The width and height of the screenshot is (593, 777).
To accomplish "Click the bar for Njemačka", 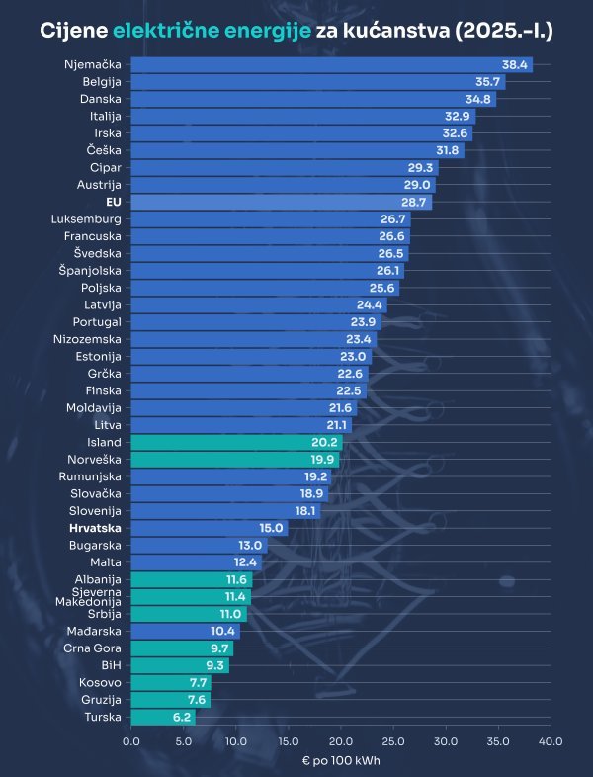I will point(331,64).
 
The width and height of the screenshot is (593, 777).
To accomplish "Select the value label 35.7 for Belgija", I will point(487,82).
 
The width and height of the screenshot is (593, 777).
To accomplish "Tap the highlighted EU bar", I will point(281,202).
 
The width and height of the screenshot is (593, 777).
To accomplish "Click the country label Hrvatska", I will point(95,528).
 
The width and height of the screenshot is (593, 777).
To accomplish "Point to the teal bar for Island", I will point(236,442).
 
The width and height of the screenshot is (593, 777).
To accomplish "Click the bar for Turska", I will point(163,718).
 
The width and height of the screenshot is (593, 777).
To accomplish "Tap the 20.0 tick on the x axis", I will point(341,740).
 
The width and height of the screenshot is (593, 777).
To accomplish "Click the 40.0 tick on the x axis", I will point(551,740).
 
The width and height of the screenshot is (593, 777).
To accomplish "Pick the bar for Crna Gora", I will point(182,648).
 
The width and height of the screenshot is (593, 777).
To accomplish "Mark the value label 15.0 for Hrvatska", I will point(271,528).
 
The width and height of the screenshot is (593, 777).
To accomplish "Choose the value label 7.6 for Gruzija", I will point(196,700).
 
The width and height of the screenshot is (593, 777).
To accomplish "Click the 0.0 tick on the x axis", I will point(130,740).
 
